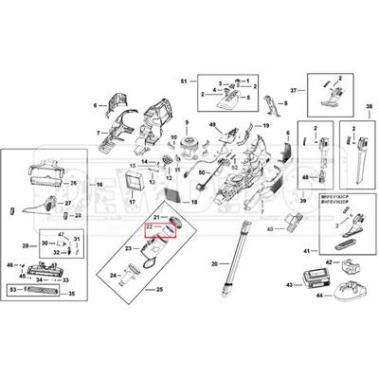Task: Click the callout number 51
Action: pos(186,82)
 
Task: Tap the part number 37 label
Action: pos(295,90)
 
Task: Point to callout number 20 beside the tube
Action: pos(215,263)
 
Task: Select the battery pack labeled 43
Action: pos(313,278)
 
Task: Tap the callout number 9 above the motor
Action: pos(188,123)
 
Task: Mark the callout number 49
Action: pos(214,126)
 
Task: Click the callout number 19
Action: pos(266,126)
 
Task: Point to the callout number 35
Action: pos(70,295)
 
